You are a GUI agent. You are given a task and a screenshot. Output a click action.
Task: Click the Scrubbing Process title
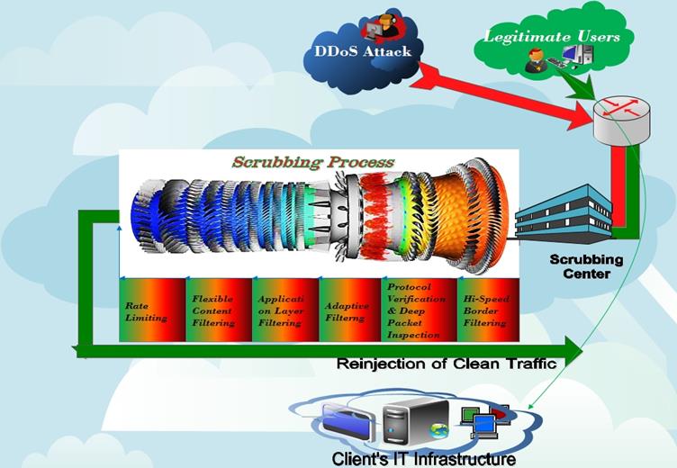(x=312, y=162)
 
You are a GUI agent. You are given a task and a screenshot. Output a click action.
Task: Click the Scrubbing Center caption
(x=581, y=266)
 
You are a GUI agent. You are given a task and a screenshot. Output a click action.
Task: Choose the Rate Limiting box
(x=151, y=310)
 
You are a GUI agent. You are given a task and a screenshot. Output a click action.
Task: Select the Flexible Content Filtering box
(x=218, y=310)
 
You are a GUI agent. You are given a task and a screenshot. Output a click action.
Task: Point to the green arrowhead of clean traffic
(x=573, y=345)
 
